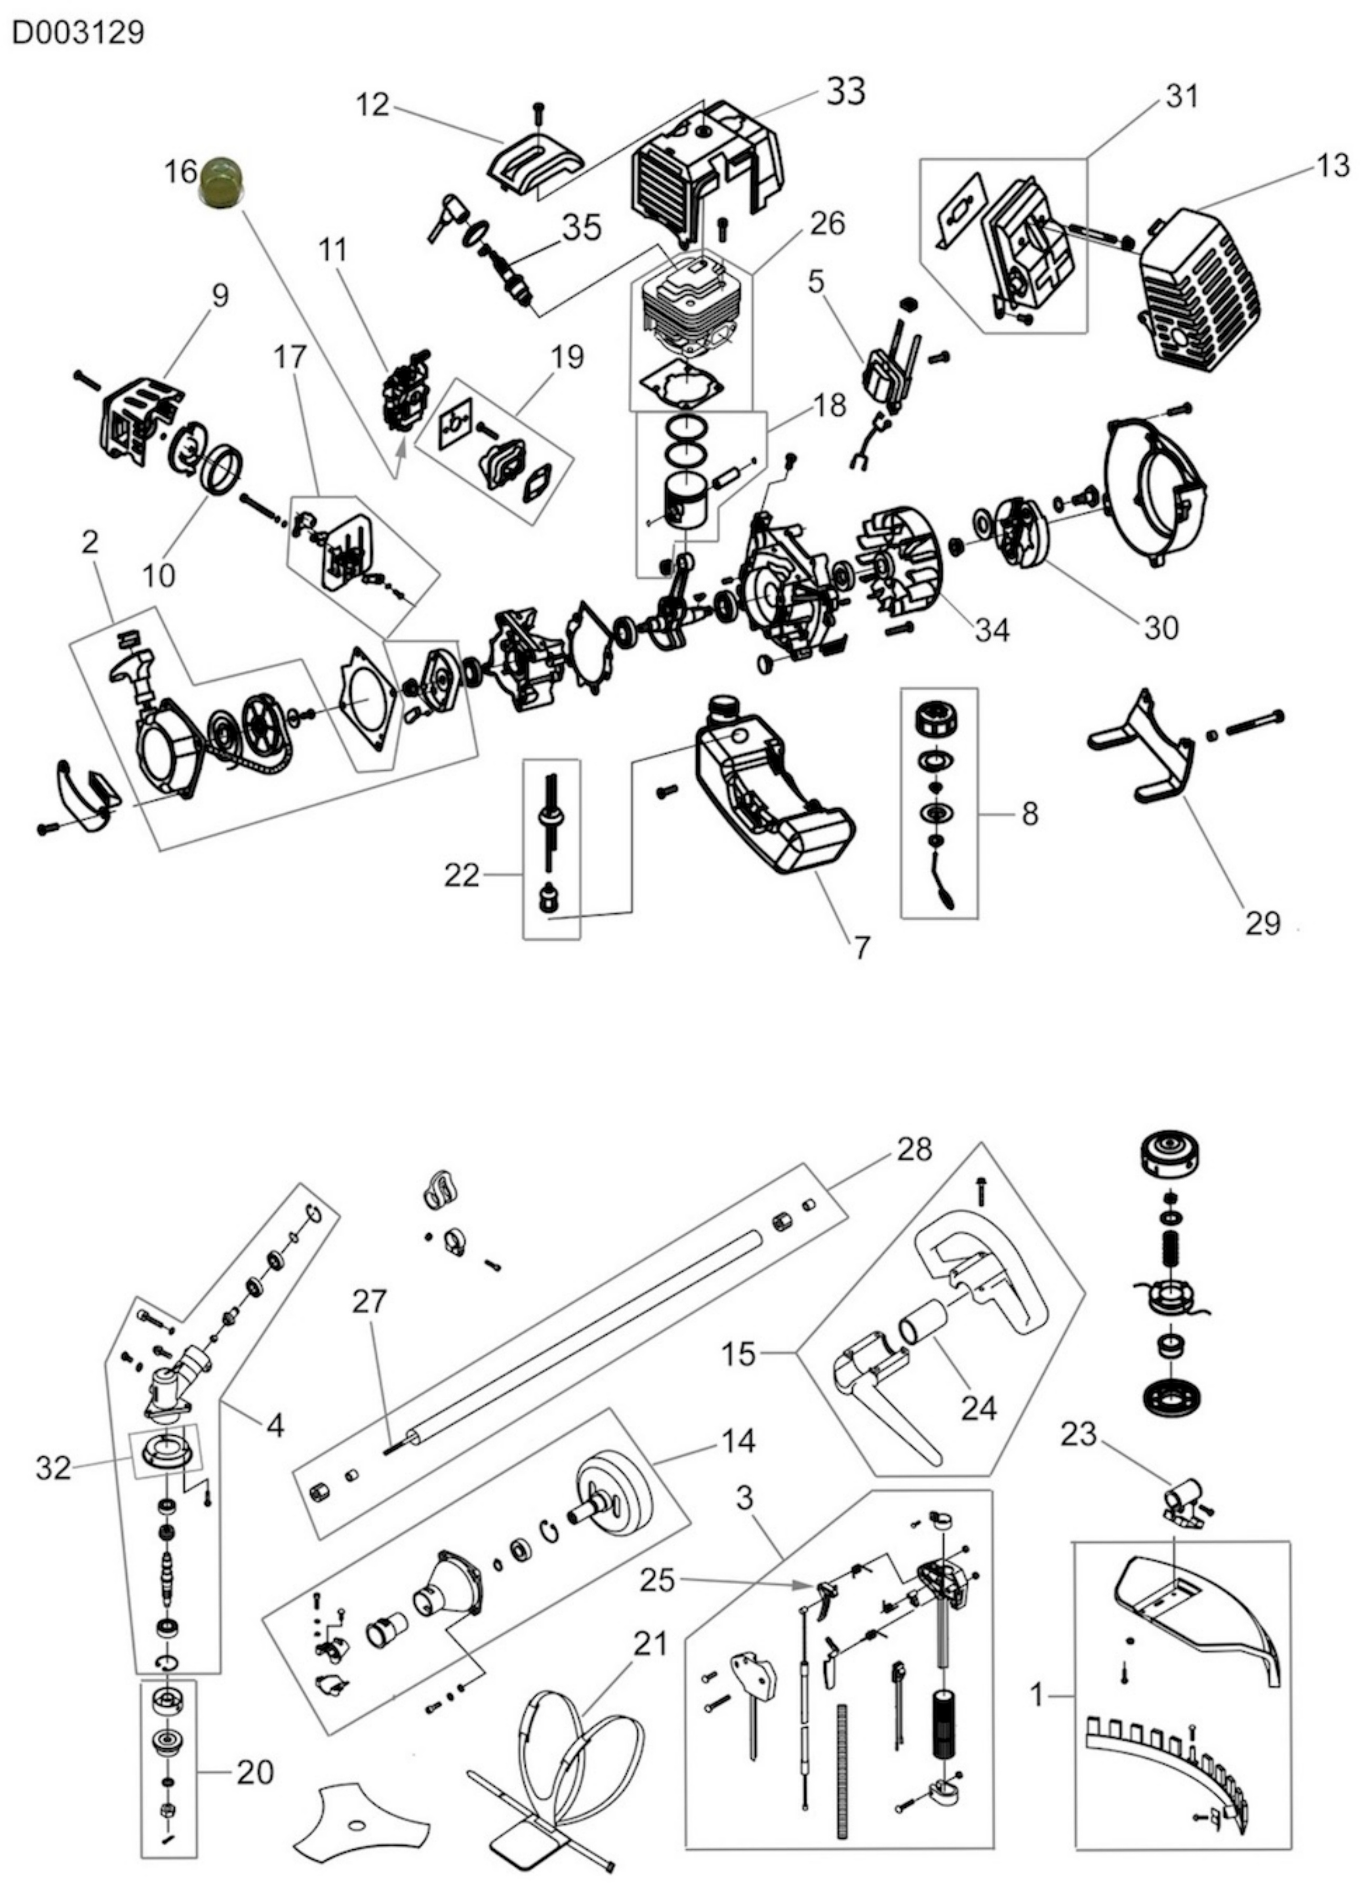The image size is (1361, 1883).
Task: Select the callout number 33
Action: tap(845, 92)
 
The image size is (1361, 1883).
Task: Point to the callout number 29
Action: tap(1262, 922)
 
